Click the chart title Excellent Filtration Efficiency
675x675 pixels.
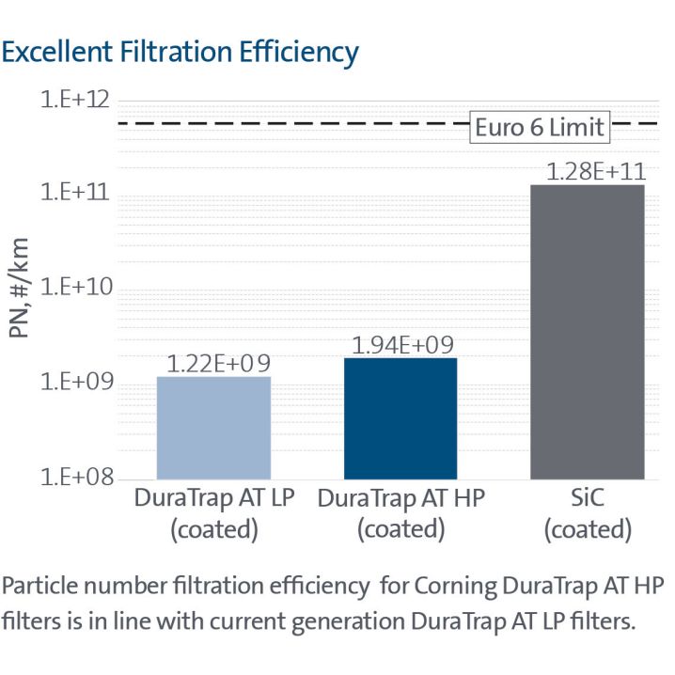pyautogui.click(x=180, y=52)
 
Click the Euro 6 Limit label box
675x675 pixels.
pyautogui.click(x=539, y=127)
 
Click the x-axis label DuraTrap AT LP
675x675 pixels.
pyautogui.click(x=213, y=498)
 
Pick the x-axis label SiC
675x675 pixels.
pyautogui.click(x=587, y=498)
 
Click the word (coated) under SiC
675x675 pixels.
pyautogui.click(x=587, y=529)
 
